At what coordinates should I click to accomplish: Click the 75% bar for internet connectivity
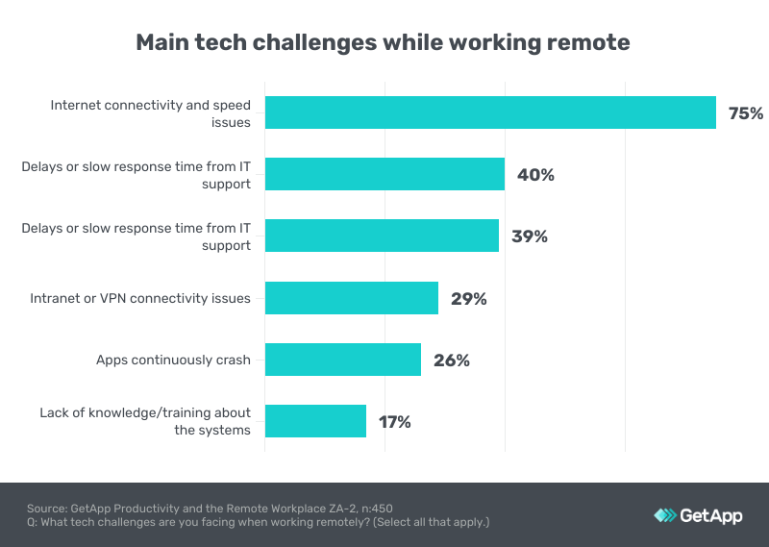click(x=490, y=112)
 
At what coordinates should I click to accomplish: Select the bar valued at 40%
click(x=384, y=174)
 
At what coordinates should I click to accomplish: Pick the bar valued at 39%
click(x=382, y=236)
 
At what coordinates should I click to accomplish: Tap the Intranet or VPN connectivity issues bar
click(x=352, y=298)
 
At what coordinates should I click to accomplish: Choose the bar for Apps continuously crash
click(x=343, y=360)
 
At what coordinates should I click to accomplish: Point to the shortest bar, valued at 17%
click(x=315, y=421)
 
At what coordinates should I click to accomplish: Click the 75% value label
click(x=746, y=113)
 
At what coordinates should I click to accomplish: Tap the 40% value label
click(x=535, y=175)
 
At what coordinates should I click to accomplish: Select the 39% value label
click(x=530, y=236)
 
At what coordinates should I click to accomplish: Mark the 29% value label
click(x=469, y=299)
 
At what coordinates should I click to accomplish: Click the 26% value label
click(x=451, y=361)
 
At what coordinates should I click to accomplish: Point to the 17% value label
click(x=395, y=422)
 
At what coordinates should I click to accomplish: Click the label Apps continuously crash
click(x=173, y=361)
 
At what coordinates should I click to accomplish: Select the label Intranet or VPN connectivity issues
click(x=140, y=298)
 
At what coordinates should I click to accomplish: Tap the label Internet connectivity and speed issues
click(x=150, y=113)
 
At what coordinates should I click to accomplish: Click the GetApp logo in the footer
click(x=698, y=515)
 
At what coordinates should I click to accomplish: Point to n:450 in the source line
click(x=375, y=508)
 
